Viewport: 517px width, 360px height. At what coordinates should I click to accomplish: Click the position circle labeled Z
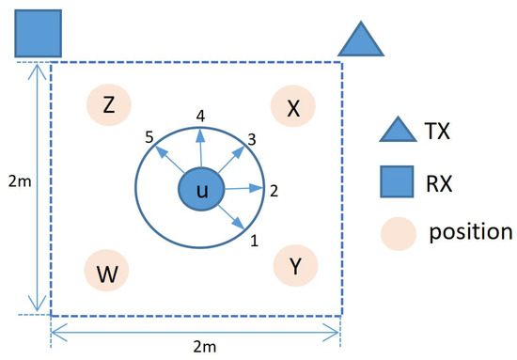tap(109, 106)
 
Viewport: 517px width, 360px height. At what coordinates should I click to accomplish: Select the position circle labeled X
tap(293, 108)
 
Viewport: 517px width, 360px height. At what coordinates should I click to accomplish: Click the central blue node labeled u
tap(200, 192)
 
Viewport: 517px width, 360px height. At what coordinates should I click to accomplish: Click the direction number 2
tap(274, 191)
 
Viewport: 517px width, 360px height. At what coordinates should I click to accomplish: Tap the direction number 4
tap(200, 116)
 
